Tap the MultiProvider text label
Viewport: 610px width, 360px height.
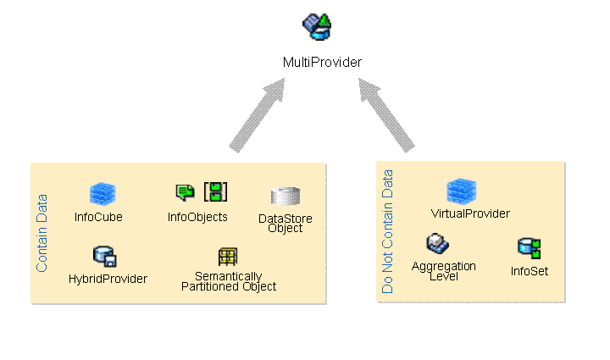click(x=322, y=62)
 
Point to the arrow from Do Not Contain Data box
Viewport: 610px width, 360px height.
click(x=386, y=114)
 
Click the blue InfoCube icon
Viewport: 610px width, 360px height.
click(x=103, y=194)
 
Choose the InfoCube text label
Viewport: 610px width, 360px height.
click(x=98, y=217)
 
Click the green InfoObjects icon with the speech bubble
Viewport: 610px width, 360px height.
click(x=185, y=192)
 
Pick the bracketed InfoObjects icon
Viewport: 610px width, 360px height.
click(x=216, y=191)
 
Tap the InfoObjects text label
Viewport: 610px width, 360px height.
click(x=197, y=217)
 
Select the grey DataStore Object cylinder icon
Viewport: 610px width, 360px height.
click(x=285, y=197)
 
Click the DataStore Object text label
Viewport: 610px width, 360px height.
click(x=285, y=224)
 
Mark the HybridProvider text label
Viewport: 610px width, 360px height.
click(x=108, y=279)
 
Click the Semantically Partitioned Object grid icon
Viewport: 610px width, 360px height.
click(x=228, y=256)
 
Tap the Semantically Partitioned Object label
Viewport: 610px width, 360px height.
click(x=229, y=281)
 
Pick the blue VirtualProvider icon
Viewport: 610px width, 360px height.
click(x=462, y=191)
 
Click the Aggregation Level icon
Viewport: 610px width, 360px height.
click(x=437, y=245)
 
